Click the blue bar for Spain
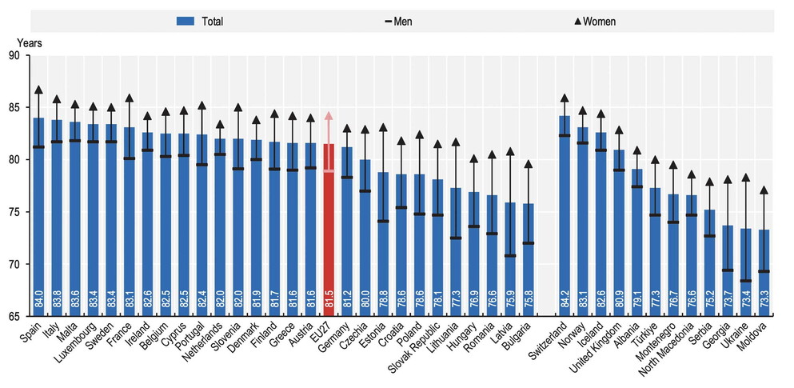pyautogui.click(x=38, y=216)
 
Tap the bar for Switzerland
pyautogui.click(x=564, y=216)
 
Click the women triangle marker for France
pyautogui.click(x=129, y=98)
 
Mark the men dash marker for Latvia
pyautogui.click(x=509, y=256)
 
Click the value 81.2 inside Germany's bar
pyautogui.click(x=346, y=300)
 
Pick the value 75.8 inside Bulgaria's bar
pyautogui.click(x=528, y=300)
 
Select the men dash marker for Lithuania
pyautogui.click(x=455, y=238)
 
